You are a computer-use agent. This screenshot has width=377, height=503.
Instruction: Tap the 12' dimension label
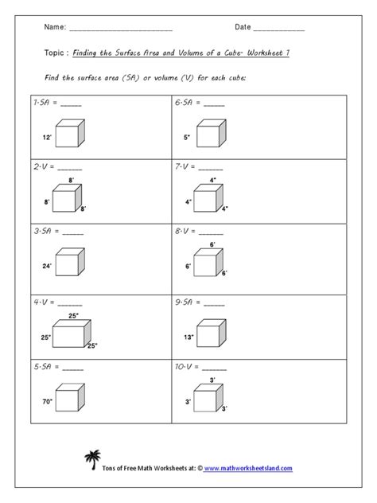pyautogui.click(x=46, y=137)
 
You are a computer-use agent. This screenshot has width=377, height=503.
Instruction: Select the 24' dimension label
pyautogui.click(x=46, y=265)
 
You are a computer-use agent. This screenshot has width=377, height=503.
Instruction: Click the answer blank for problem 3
pyautogui.click(x=72, y=232)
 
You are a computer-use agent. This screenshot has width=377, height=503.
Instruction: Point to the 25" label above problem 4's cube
pyautogui.click(x=73, y=316)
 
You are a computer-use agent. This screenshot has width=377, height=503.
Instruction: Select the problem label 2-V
pyautogui.click(x=41, y=169)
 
